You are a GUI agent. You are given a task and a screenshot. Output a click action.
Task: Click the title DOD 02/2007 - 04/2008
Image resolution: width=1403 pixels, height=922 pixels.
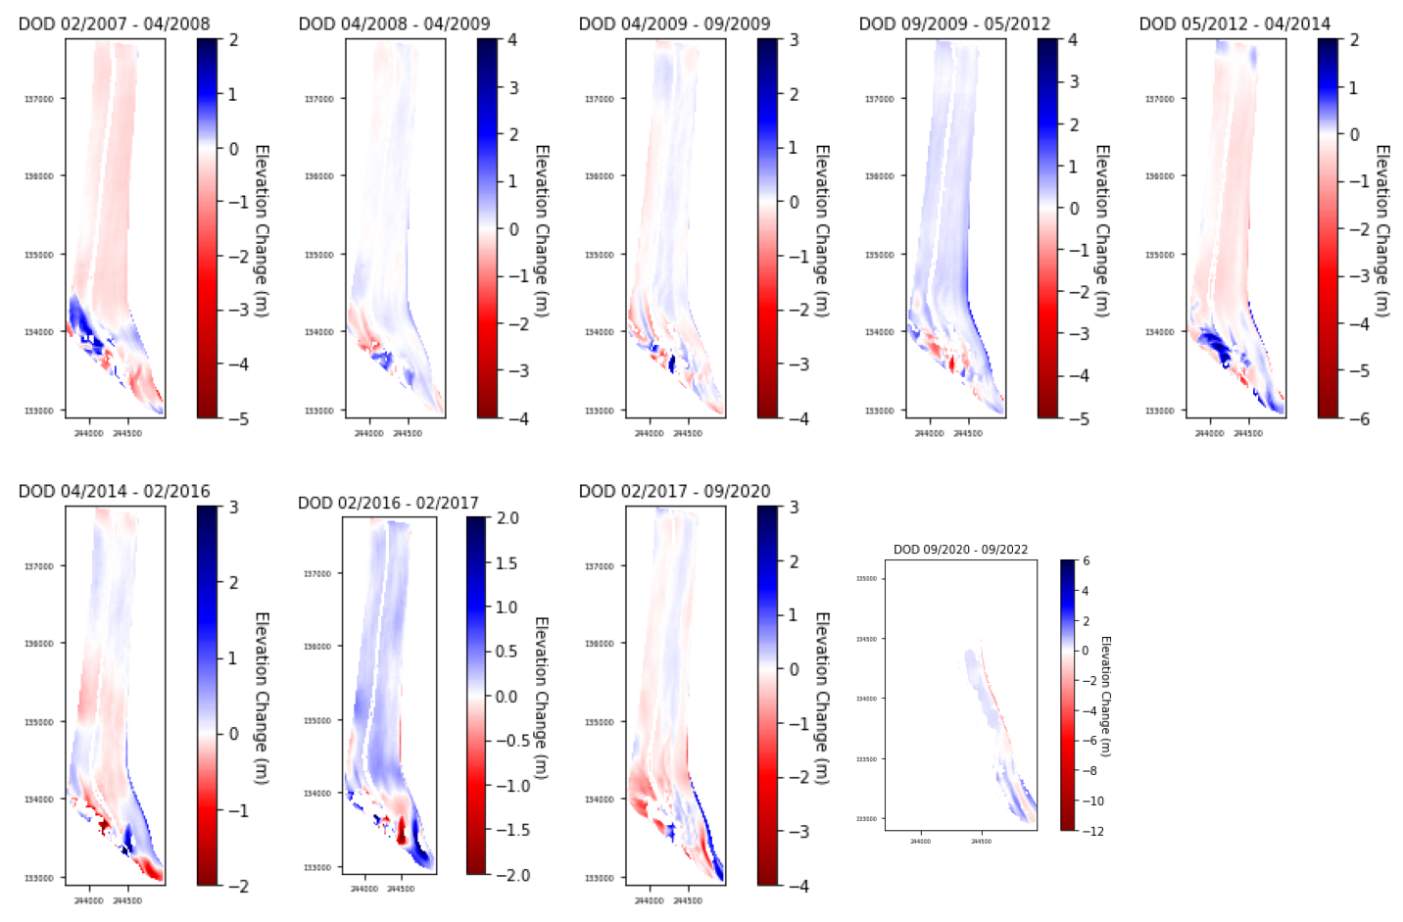[114, 24]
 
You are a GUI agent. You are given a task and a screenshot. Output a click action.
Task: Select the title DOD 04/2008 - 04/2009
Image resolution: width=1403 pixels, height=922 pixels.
[394, 24]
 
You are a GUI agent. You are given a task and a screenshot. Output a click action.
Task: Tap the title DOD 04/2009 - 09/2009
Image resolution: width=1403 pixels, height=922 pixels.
[674, 24]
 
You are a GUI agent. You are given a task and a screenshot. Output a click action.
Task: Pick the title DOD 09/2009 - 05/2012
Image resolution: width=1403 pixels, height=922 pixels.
[954, 24]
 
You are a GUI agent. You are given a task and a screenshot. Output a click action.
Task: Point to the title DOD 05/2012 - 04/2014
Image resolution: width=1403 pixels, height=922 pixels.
[1234, 24]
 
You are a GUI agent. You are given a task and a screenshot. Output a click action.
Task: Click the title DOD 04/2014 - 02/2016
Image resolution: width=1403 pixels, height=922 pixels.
[114, 491]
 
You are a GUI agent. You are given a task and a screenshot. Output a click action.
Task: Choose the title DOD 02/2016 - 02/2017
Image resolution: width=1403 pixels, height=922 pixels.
[388, 503]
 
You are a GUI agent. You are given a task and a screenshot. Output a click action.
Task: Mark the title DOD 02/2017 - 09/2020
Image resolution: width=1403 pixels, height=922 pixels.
[674, 491]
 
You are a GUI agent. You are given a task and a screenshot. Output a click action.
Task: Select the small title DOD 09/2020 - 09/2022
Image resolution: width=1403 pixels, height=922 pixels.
[960, 550]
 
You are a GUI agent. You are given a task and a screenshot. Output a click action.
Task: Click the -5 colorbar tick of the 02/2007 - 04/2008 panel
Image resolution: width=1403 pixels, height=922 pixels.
[238, 418]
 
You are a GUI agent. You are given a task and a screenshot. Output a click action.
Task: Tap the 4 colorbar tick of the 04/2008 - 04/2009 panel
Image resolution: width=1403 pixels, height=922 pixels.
[512, 40]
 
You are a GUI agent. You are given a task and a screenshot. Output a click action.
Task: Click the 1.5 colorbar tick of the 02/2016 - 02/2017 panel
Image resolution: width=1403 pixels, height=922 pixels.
[507, 563]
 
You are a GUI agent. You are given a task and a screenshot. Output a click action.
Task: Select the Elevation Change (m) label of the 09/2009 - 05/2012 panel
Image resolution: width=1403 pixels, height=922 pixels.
[1102, 230]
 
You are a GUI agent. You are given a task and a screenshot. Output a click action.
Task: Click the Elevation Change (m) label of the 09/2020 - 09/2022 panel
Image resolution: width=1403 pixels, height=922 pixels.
[1106, 696]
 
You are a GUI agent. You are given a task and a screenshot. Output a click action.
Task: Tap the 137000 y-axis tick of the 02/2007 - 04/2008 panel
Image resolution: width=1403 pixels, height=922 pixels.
[38, 99]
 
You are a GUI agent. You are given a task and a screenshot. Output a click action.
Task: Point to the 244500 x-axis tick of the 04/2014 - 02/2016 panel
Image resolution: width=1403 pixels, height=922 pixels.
[127, 900]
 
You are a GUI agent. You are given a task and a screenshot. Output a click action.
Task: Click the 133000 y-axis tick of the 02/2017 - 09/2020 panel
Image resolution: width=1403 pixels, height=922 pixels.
[599, 878]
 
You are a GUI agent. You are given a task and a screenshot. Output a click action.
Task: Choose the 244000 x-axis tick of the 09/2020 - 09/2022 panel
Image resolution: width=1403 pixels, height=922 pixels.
[920, 842]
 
